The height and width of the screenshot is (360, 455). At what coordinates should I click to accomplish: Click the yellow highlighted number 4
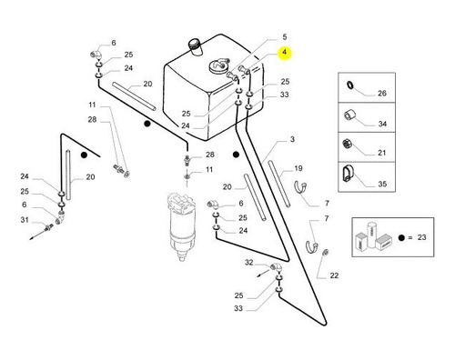coord(284,53)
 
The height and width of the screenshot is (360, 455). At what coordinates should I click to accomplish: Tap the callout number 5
coord(284,37)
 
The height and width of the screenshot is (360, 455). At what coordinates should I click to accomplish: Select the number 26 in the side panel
coord(382,93)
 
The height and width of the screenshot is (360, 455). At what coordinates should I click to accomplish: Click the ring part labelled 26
coord(350,85)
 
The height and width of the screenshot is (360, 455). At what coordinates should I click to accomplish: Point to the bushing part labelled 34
coord(349,115)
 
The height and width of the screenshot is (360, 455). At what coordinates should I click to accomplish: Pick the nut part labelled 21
coord(347,144)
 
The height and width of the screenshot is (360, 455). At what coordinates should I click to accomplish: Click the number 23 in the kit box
coord(421,237)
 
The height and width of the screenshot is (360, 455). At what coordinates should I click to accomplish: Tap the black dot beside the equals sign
coord(401,237)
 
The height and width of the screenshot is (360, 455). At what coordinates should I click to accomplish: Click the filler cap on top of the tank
coord(195,46)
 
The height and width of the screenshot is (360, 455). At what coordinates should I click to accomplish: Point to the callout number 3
coord(292,139)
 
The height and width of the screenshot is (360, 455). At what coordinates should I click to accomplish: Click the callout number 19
coord(298,168)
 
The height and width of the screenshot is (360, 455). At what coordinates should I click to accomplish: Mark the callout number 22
coord(334,275)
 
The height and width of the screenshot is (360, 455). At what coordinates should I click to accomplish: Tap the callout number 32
coord(248,263)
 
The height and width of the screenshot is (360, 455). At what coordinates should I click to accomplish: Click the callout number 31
coord(25,220)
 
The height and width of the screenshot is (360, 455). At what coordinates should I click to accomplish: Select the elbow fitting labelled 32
coord(276,267)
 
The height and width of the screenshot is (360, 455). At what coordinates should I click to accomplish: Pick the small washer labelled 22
coord(326,252)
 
